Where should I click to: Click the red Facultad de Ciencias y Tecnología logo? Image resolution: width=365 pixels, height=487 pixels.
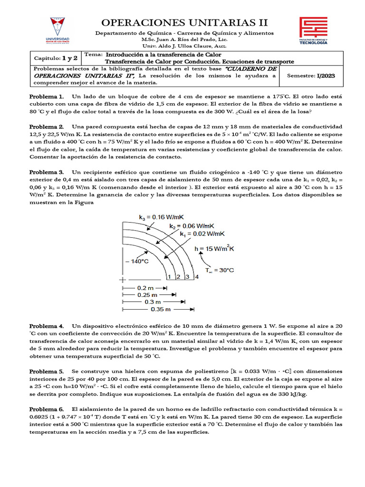click(x=313, y=31)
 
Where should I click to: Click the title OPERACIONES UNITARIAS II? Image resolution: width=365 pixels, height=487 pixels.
click(x=185, y=22)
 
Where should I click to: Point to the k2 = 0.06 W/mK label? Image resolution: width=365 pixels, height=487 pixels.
click(x=192, y=225)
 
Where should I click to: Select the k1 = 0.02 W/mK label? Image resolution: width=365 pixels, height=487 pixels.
click(x=202, y=234)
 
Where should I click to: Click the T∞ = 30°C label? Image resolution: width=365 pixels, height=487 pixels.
click(x=220, y=270)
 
